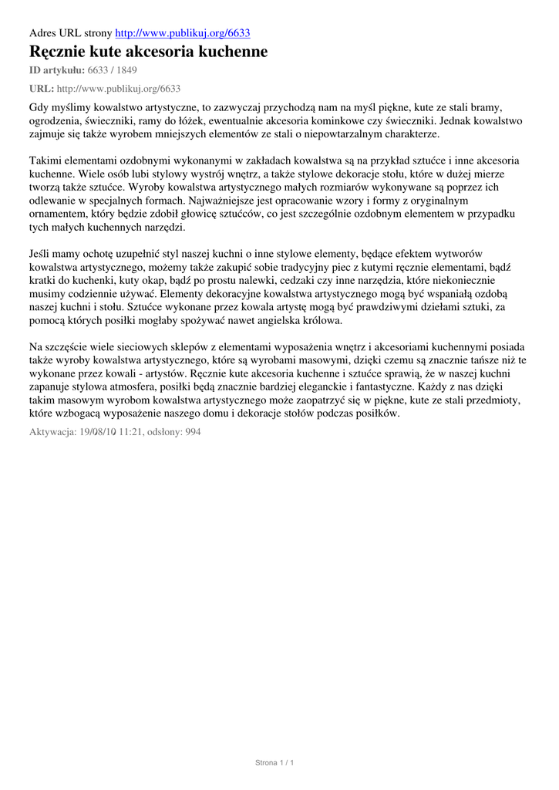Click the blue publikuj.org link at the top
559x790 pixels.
pyautogui.click(x=183, y=33)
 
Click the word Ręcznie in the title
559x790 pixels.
pyautogui.click(x=59, y=52)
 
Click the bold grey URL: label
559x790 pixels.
pyautogui.click(x=42, y=89)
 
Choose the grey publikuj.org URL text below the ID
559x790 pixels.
pyautogui.click(x=119, y=89)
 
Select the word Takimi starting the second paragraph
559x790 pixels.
pyautogui.click(x=48, y=160)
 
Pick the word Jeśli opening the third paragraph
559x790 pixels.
pyautogui.click(x=42, y=254)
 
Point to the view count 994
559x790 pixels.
pyautogui.click(x=190, y=432)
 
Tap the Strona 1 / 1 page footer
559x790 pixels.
pyautogui.click(x=275, y=763)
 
